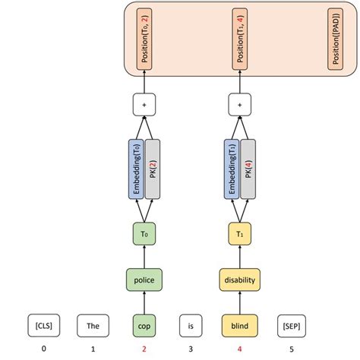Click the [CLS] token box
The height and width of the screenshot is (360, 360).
pyautogui.click(x=43, y=326)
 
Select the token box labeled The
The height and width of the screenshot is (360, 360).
pyautogui.click(x=93, y=326)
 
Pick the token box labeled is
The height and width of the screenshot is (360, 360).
pyautogui.click(x=191, y=326)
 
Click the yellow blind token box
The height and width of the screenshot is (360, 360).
pyautogui.click(x=240, y=326)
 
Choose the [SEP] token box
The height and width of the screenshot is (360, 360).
pyautogui.click(x=289, y=326)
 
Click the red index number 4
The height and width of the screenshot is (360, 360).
pyautogui.click(x=240, y=350)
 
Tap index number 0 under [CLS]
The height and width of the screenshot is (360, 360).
pyautogui.click(x=43, y=350)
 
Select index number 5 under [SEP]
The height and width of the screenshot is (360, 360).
pyautogui.click(x=289, y=350)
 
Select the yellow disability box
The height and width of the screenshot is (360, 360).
pyautogui.click(x=240, y=280)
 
